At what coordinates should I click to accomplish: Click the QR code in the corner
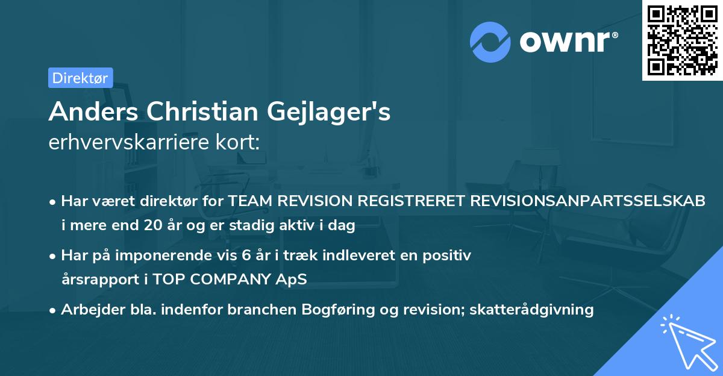pos(683,40)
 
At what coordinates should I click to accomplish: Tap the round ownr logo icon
pos(490,42)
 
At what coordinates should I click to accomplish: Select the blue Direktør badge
pos(80,78)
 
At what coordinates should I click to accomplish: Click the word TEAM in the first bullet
pos(248,201)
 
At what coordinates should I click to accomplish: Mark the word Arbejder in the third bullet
pos(88,310)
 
